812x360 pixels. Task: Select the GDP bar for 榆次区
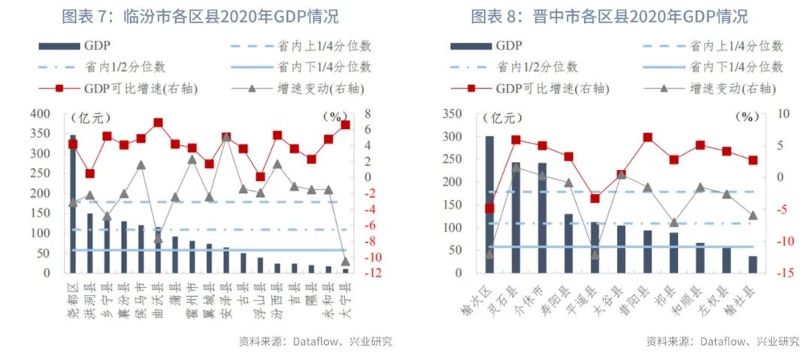(489, 203)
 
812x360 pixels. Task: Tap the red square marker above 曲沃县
(158, 123)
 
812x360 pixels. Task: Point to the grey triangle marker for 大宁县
(345, 261)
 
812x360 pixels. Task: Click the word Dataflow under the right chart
(723, 341)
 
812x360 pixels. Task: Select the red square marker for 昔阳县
(647, 138)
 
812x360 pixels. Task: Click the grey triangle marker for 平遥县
(595, 254)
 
